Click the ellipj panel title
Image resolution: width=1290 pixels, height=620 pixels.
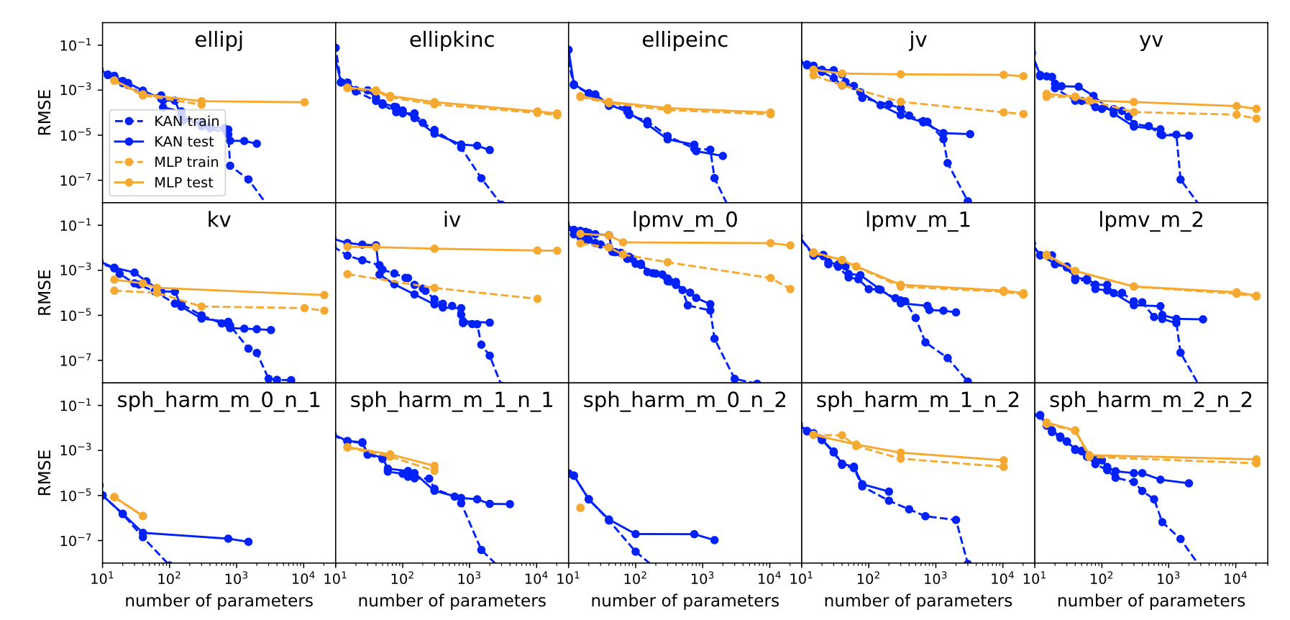[219, 40]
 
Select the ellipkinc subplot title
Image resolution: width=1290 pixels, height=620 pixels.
[452, 40]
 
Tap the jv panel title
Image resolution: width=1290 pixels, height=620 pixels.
[918, 40]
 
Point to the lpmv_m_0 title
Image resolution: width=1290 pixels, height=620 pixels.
[685, 220]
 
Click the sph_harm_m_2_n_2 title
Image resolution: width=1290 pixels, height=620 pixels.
[1151, 401]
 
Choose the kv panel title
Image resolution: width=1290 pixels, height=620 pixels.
[219, 220]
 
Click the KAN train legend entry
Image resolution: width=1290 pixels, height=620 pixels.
[186, 121]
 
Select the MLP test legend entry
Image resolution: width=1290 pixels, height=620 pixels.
[183, 183]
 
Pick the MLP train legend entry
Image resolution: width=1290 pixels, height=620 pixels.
[186, 162]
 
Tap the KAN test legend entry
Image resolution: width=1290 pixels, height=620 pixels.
[183, 142]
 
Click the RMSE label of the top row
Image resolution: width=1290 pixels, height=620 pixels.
[45, 112]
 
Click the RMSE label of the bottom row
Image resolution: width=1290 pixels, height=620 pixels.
[45, 473]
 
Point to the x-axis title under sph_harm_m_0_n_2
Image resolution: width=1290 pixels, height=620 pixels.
[685, 601]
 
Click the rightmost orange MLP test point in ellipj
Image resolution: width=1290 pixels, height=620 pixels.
[304, 102]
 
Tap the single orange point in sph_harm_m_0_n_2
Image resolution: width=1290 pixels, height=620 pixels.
[580, 508]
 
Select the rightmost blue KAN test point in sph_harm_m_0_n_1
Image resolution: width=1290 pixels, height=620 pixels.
[248, 542]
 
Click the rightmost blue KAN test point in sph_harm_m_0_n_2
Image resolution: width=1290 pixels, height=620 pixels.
[714, 539]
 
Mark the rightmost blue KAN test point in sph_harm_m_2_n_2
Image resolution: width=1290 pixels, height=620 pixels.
[1189, 483]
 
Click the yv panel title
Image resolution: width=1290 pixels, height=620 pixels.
[1151, 40]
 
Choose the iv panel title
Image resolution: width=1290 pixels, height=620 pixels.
[452, 220]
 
